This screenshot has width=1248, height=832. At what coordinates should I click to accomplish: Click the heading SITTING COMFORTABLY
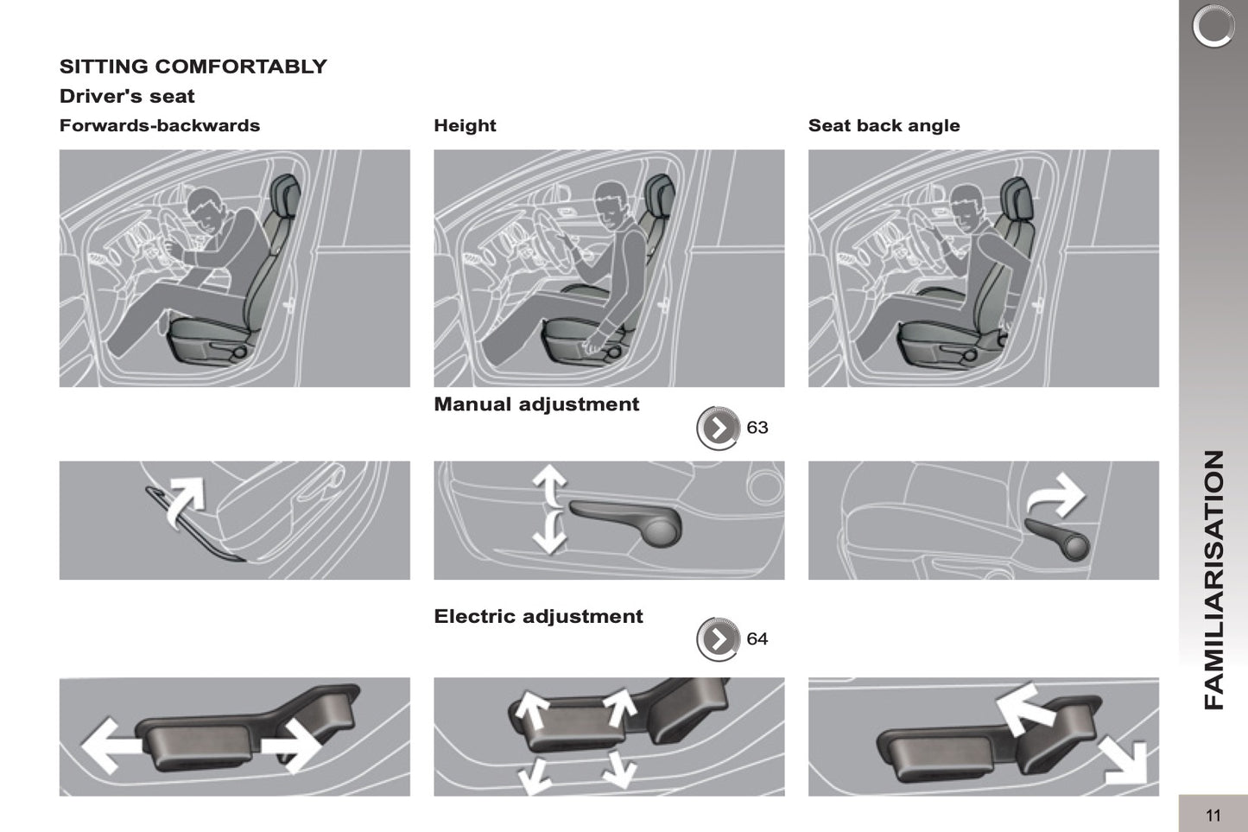(x=193, y=67)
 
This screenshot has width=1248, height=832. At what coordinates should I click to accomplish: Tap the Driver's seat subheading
(x=127, y=96)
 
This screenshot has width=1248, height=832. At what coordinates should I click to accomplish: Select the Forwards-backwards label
(x=160, y=125)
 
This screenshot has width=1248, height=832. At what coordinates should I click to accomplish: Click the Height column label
(x=465, y=125)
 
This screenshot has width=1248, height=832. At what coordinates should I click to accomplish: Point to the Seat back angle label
(x=884, y=125)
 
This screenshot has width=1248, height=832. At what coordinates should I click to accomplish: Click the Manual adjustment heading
(x=536, y=404)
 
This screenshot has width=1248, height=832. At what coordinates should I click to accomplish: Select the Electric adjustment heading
(x=538, y=616)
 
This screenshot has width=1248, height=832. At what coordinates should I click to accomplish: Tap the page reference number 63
(x=757, y=428)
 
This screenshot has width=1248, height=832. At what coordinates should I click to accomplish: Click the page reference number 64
(x=757, y=638)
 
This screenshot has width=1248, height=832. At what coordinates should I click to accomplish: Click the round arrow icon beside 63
(x=719, y=428)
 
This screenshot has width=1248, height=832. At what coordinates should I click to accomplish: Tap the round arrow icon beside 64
(x=719, y=639)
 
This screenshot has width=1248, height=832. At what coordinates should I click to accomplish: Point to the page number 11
(x=1213, y=816)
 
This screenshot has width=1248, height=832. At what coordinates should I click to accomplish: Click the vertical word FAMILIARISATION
(x=1213, y=580)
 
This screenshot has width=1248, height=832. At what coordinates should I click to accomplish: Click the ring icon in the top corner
(x=1213, y=26)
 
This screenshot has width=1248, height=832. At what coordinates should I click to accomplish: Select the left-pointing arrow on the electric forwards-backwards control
(x=111, y=746)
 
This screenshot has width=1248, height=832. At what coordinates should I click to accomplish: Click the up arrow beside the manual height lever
(x=549, y=485)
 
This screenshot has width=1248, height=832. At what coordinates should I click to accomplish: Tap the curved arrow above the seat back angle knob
(x=1055, y=495)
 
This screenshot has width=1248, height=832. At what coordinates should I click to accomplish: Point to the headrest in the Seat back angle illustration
(x=1017, y=197)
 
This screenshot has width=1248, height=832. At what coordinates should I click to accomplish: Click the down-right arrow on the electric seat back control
(x=1125, y=761)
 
